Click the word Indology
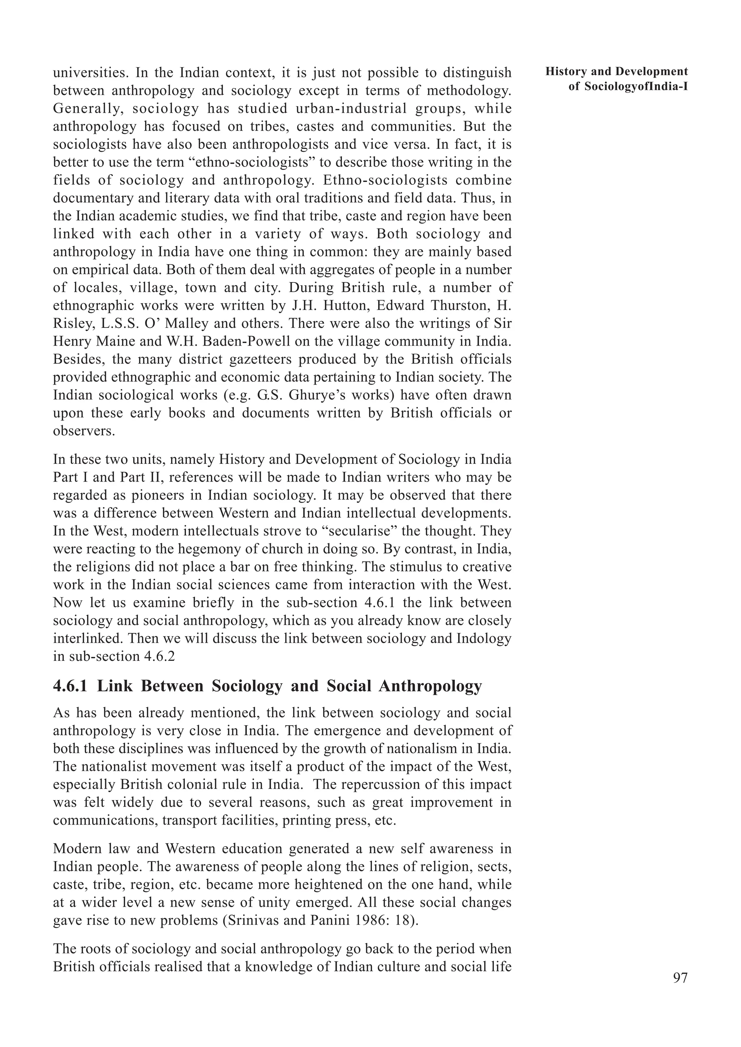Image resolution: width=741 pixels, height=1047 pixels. click(x=484, y=638)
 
